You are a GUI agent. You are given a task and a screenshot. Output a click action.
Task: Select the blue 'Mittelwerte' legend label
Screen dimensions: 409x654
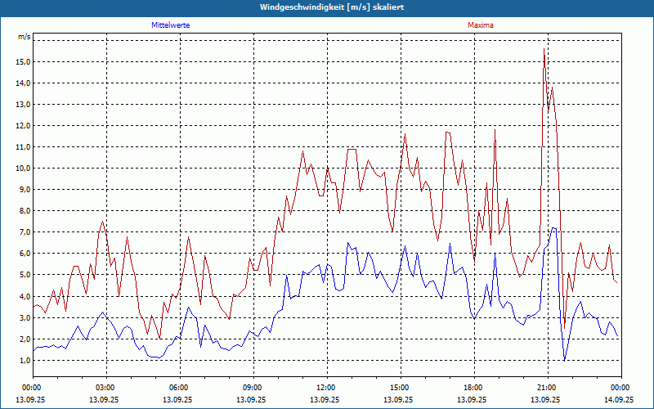(x=171, y=25)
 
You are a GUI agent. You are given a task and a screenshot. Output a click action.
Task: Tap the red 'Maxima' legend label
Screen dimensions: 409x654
(x=480, y=25)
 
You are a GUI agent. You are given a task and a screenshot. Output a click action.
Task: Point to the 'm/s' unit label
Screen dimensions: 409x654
(x=25, y=38)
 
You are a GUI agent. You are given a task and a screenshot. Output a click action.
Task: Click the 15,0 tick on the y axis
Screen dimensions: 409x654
(x=23, y=62)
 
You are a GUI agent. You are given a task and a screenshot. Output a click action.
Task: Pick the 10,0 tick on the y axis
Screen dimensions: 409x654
(x=23, y=169)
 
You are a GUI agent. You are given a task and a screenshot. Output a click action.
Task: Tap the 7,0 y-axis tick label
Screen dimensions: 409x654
(x=23, y=232)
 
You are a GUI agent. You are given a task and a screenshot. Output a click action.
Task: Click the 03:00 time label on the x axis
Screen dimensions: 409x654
(x=105, y=387)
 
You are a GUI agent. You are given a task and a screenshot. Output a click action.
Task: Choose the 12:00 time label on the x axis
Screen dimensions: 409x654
(x=326, y=387)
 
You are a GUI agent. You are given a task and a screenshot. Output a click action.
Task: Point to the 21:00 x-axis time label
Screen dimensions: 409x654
(x=547, y=387)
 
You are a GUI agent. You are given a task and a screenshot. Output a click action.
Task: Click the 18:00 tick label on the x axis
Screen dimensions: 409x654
(x=473, y=387)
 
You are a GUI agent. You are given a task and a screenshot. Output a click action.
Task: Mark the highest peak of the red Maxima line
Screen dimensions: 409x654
(x=544, y=51)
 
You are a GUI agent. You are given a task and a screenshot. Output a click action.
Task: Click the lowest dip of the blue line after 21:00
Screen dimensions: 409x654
(x=564, y=360)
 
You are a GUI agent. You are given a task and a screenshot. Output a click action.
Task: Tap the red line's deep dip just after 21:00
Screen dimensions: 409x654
(x=563, y=328)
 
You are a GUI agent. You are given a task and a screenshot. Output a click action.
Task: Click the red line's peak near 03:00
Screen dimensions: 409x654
(x=103, y=221)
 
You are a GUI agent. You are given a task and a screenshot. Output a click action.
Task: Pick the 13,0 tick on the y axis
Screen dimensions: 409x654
(x=23, y=105)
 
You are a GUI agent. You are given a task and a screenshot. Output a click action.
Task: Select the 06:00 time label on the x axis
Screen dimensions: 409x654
(x=179, y=387)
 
